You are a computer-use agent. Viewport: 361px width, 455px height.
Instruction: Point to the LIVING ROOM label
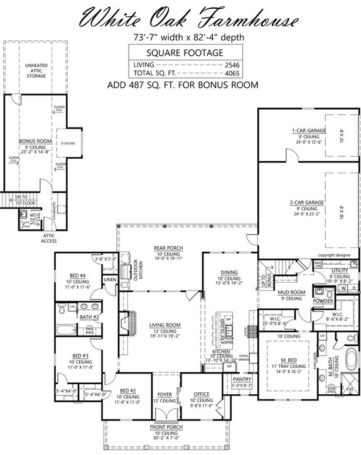164,325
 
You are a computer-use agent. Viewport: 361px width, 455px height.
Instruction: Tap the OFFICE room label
200,393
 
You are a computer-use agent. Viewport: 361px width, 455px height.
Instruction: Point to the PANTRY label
242,380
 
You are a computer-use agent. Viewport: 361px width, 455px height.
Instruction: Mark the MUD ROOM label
292,292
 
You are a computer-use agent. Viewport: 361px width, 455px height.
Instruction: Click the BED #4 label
78,276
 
